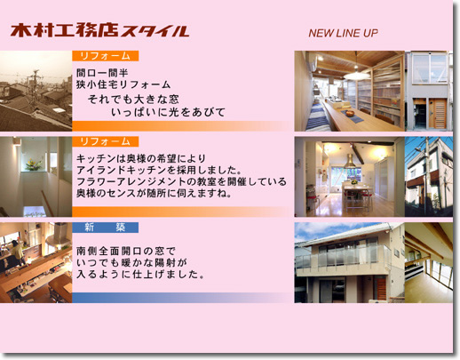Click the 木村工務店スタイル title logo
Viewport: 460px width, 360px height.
pos(99,30)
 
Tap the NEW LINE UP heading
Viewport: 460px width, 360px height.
pos(343,33)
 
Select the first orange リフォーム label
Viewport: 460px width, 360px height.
pos(106,56)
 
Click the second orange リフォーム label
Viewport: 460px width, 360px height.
pos(106,141)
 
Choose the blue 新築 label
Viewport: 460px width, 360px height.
pos(106,228)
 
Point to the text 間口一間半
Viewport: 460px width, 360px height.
pos(102,73)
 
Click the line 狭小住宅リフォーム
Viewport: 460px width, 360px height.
pos(123,84)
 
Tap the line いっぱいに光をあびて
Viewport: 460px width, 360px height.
pos(168,112)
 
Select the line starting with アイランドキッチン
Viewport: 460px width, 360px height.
pos(159,170)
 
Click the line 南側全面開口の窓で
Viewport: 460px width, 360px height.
pos(126,252)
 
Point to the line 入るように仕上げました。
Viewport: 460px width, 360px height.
pos(140,275)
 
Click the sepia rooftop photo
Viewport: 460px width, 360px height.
pos(36,91)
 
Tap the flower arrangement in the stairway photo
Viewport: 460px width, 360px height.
pos(33,164)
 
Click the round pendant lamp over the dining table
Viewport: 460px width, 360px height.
pos(357,76)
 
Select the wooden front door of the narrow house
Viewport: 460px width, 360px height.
pos(438,114)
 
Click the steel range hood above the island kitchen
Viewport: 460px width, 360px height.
pos(350,164)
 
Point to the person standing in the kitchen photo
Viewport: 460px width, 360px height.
pos(18,252)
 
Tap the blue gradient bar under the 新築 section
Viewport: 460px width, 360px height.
pos(182,298)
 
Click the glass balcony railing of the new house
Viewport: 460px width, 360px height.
pos(344,257)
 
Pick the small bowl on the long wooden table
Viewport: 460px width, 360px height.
pos(350,113)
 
